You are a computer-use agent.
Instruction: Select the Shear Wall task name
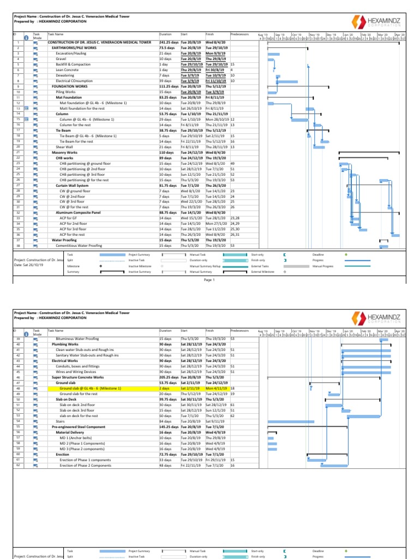pyautogui.click(x=64, y=147)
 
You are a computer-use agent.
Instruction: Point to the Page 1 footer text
pyautogui.click(x=210, y=280)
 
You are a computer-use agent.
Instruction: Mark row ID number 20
pyautogui.click(x=18, y=147)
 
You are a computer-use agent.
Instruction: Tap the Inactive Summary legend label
pyautogui.click(x=139, y=271)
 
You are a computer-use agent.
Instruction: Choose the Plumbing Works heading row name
pyautogui.click(x=65, y=344)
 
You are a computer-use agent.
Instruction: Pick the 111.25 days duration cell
pyautogui.click(x=169, y=86)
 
